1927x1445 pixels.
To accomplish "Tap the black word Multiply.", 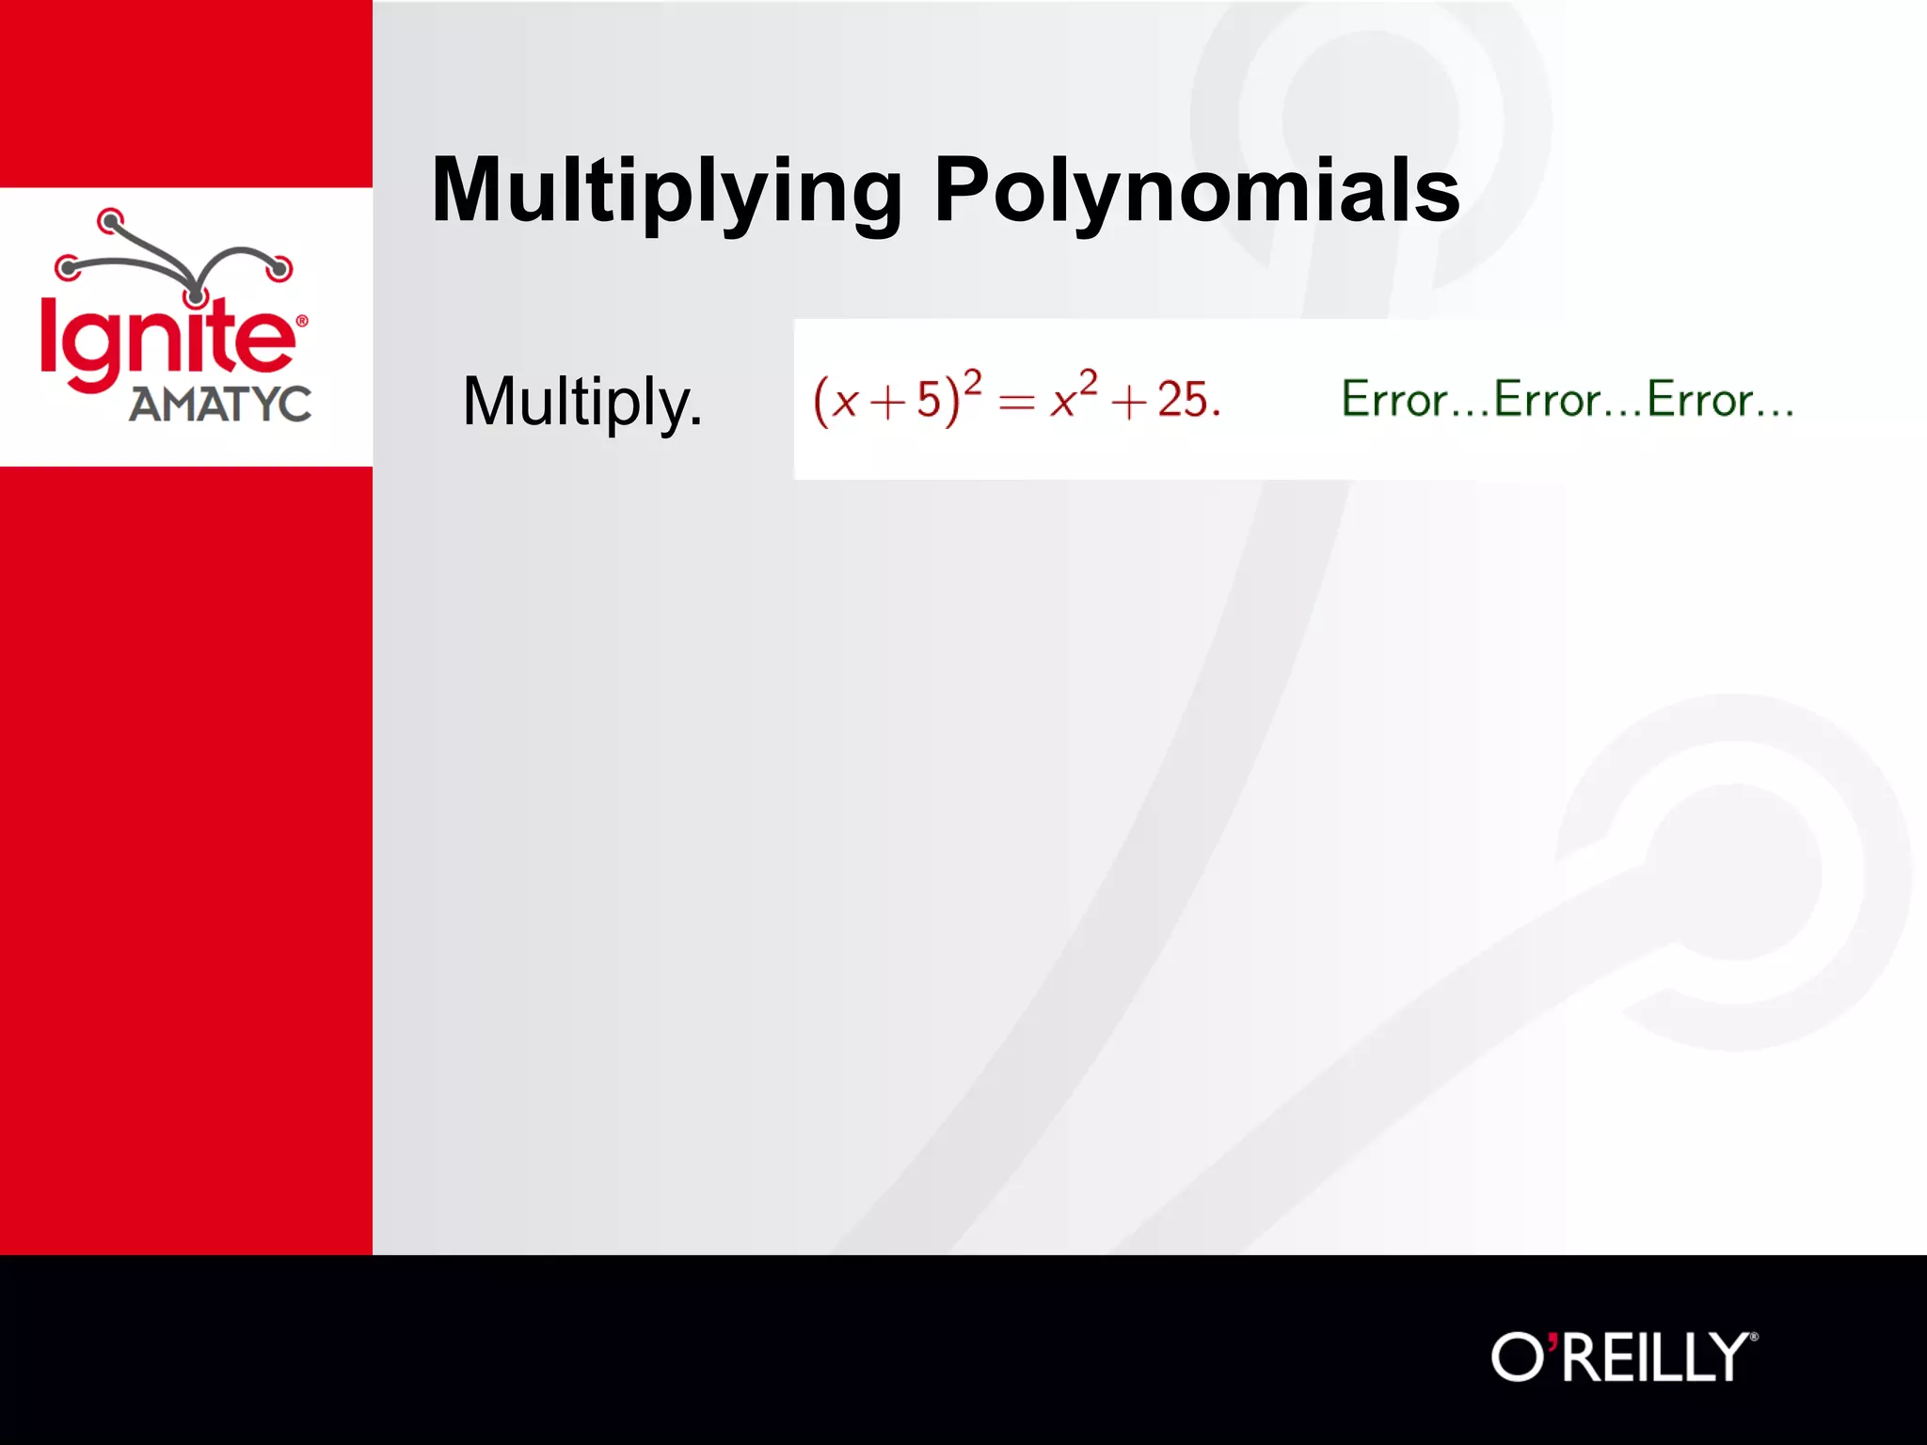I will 582,403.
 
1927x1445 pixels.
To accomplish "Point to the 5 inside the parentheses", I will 929,400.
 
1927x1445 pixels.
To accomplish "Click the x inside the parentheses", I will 845,403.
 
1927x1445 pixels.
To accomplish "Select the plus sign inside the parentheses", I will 887,403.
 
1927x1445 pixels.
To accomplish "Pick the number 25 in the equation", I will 1182,400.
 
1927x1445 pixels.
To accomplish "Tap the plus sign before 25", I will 1129,403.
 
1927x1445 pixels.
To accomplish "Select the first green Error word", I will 1393,399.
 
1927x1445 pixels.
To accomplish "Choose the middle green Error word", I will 1547,399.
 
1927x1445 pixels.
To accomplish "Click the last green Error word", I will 1700,399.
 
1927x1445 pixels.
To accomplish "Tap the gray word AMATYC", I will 220,405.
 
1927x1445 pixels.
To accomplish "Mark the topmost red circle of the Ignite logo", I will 111,222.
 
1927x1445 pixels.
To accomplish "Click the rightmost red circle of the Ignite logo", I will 279,268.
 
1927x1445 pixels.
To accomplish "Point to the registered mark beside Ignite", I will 302,321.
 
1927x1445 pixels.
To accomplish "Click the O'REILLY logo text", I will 1623,1357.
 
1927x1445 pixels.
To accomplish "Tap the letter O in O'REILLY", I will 1518,1357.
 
